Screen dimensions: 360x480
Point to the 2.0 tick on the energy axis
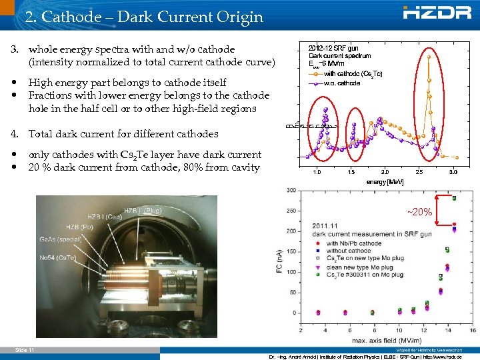[385, 171]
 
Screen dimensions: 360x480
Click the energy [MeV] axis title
[385, 181]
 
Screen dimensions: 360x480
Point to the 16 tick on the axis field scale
[472, 330]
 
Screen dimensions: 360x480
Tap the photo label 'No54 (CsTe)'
[57, 257]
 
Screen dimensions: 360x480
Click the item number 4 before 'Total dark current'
[14, 134]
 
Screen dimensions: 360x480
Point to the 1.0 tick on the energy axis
[316, 171]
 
